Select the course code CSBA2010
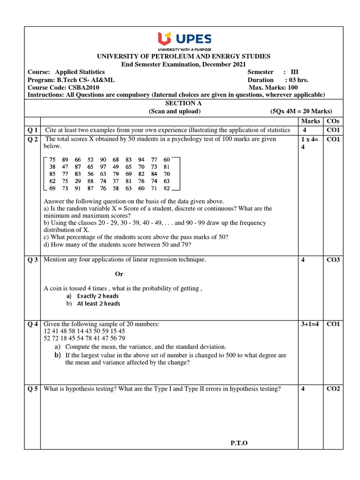83,88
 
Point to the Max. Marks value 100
292,88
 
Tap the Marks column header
310,121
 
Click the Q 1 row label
33,130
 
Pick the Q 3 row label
33,260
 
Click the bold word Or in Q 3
119,274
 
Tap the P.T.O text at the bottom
239,443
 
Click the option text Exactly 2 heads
97,296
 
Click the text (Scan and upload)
174,111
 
